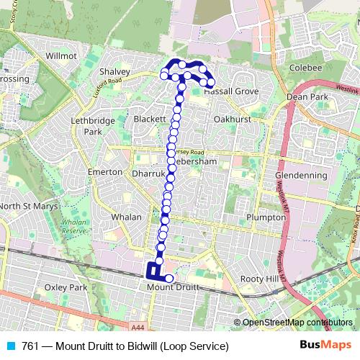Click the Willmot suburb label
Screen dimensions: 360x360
coord(60,55)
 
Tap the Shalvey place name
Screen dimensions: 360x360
coord(114,72)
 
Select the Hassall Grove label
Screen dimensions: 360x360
coord(231,92)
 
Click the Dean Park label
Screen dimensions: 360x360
coord(307,96)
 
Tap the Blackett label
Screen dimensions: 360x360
coord(150,118)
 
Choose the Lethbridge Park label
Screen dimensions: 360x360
coord(91,127)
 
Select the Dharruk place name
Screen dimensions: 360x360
coord(149,174)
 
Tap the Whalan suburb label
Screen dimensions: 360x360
coord(116,216)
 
